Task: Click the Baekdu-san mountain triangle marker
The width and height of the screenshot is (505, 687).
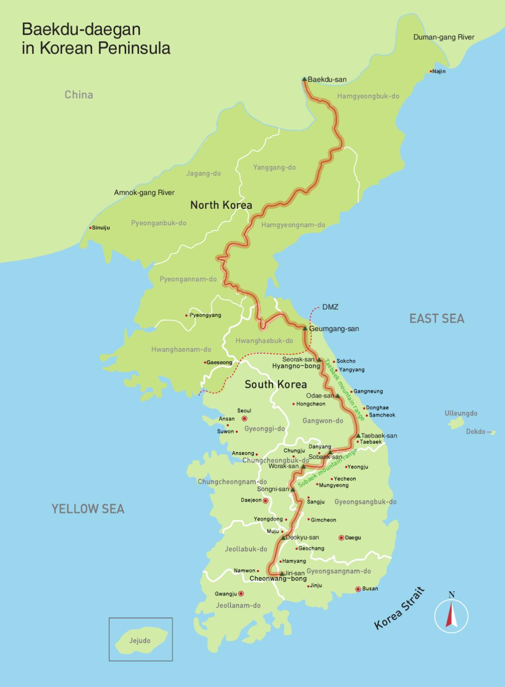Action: (x=304, y=79)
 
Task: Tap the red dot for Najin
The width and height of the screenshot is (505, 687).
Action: (x=431, y=71)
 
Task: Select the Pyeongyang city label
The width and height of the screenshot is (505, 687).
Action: (x=205, y=315)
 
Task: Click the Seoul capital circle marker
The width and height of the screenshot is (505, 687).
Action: (x=245, y=418)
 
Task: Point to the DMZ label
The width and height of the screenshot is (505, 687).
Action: (x=330, y=307)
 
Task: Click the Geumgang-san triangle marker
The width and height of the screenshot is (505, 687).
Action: (x=305, y=328)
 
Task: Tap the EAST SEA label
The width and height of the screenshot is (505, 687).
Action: (x=436, y=319)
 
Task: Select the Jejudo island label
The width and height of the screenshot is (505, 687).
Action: (x=140, y=640)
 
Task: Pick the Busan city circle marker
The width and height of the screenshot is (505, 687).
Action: (x=358, y=589)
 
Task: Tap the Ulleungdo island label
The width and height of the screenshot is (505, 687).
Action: (x=461, y=413)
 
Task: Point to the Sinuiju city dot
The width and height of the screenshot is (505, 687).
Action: (x=90, y=227)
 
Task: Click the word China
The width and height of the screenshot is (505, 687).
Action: (x=79, y=95)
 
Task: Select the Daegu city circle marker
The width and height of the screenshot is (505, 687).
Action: (x=341, y=538)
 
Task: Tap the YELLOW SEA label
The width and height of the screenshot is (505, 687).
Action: (x=88, y=508)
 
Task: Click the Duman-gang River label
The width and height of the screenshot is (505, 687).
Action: (x=444, y=37)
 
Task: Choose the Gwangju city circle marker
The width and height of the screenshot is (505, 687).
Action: (x=241, y=594)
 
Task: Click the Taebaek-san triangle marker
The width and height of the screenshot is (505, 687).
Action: (x=358, y=436)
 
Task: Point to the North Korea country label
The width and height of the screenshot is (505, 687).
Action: (x=221, y=205)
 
